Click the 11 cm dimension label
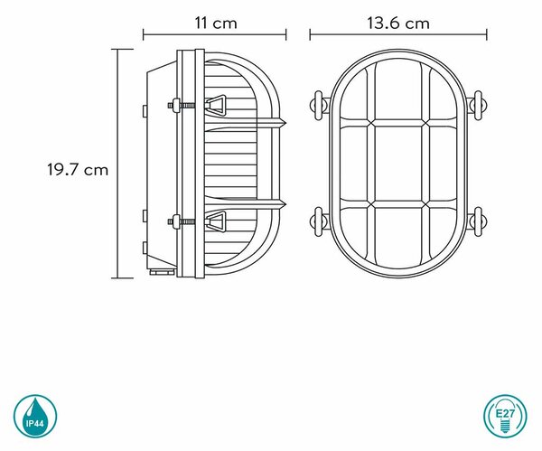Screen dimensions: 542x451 coord(216,23)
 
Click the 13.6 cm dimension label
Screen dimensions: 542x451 coord(397,23)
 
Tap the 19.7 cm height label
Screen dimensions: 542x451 coord(78,170)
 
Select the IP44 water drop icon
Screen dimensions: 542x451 coord(35,417)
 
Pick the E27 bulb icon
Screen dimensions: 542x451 coord(505,416)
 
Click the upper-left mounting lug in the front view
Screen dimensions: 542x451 coord(318,106)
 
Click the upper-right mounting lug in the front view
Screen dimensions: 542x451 coord(477,106)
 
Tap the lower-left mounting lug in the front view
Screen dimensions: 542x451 coord(318,221)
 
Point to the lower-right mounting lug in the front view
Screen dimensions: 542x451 coord(477,221)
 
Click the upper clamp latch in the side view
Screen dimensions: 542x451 coord(215,105)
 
